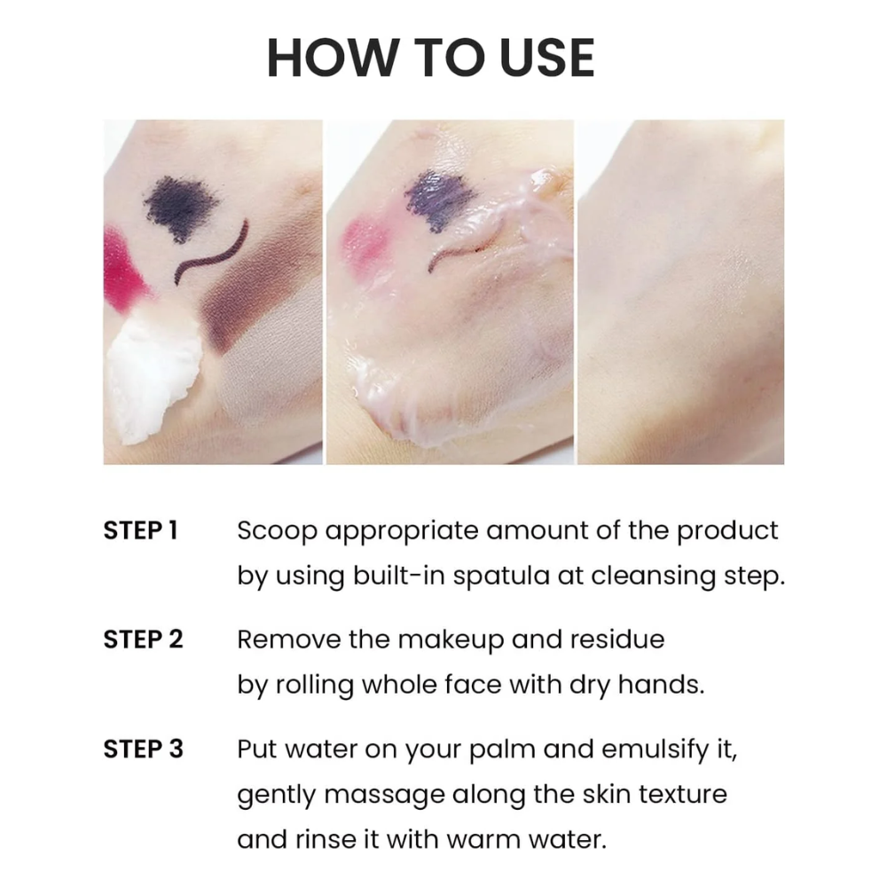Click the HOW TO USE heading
[430, 58]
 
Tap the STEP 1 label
[140, 530]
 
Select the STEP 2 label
[143, 640]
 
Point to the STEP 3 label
[143, 749]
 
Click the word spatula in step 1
[501, 577]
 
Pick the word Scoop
[277, 531]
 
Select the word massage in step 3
[384, 796]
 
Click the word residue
[617, 640]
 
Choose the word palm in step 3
[502, 750]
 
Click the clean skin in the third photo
[680, 292]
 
